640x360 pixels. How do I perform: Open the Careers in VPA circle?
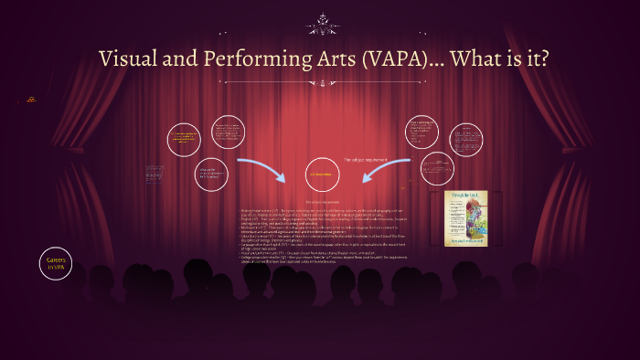pos(56,264)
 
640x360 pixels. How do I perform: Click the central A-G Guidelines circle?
pos(320,175)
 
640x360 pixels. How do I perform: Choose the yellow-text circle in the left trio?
pos(186,139)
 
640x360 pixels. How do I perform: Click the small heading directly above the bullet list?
pos(320,200)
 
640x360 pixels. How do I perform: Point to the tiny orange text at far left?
pos(32,99)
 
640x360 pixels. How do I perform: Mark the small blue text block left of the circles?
pos(154,173)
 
